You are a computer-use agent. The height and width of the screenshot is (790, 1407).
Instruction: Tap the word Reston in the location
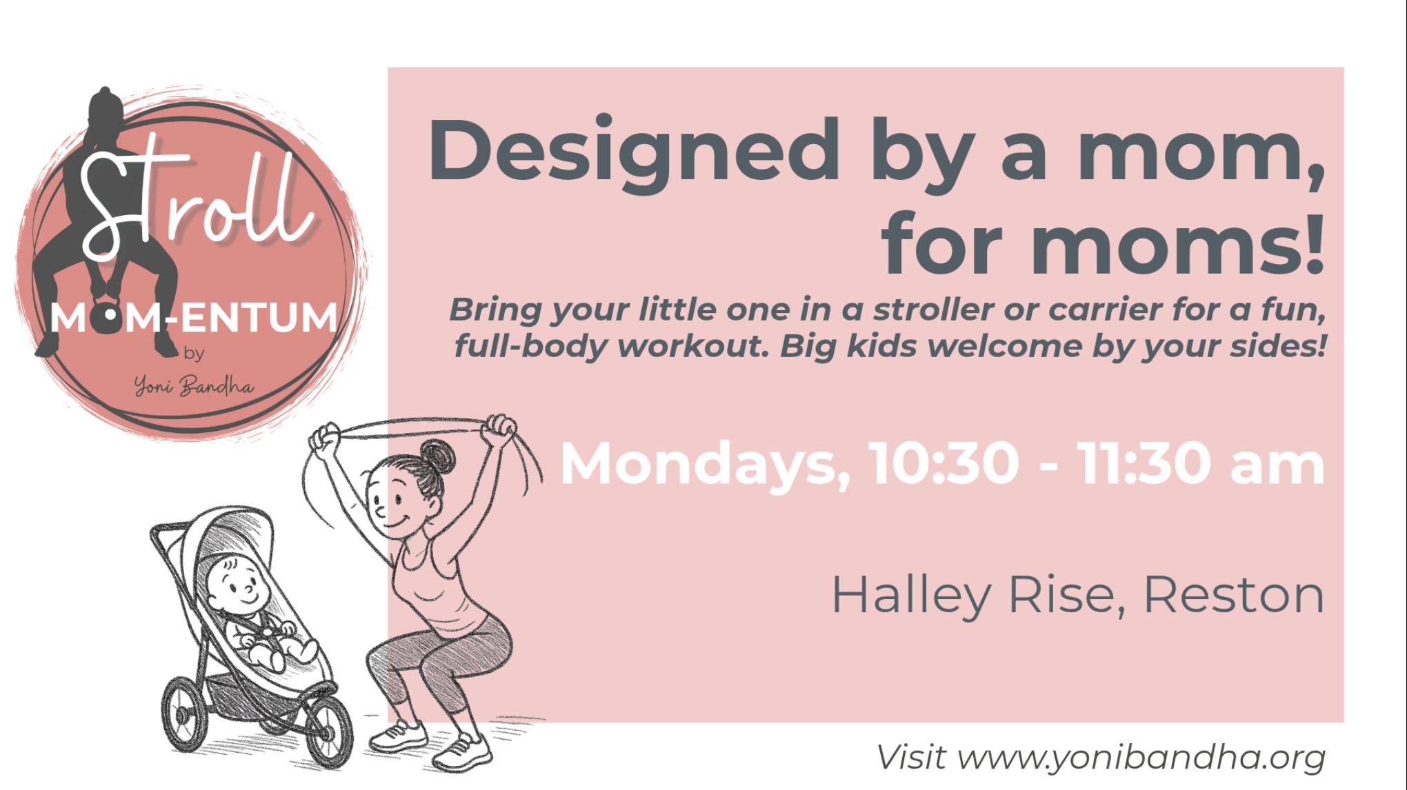click(x=1234, y=596)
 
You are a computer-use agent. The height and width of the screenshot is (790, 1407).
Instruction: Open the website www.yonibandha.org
click(x=1142, y=757)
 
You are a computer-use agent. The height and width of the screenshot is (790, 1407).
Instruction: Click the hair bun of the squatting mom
click(x=434, y=456)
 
